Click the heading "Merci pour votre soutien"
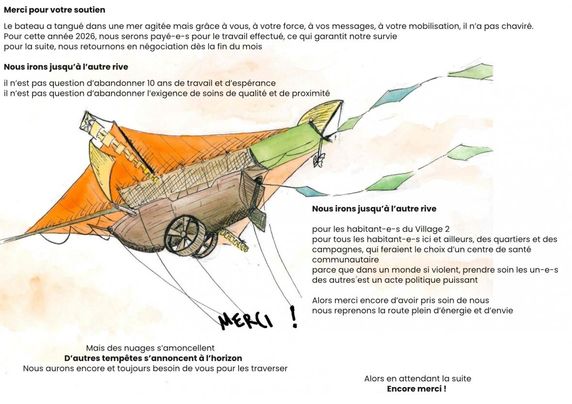(x=54, y=10)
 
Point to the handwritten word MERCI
(x=245, y=320)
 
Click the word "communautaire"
(x=345, y=260)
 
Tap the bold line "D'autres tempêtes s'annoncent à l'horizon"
(x=153, y=358)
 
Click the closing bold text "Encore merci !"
(x=416, y=389)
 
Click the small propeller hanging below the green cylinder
(x=318, y=160)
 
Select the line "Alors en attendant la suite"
(x=417, y=379)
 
